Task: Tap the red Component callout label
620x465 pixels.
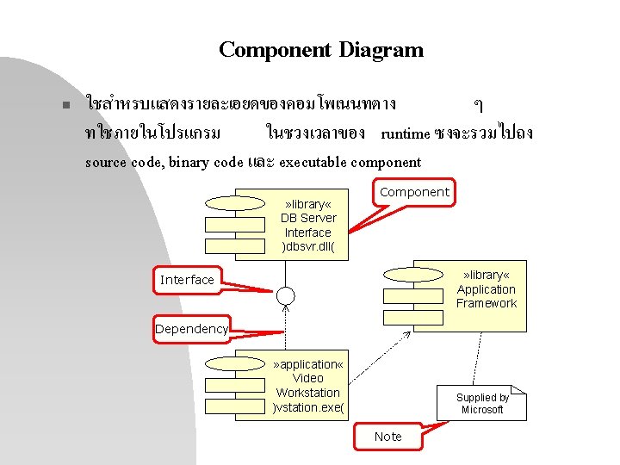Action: (x=414, y=192)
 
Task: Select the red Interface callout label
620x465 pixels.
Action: (x=187, y=280)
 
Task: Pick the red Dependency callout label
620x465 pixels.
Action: (x=191, y=329)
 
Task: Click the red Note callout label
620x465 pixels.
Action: (x=387, y=437)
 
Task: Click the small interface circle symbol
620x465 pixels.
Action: (x=286, y=295)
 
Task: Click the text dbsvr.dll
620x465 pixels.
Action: (x=307, y=247)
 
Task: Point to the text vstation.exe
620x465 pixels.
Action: (x=307, y=407)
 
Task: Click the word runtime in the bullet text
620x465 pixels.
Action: (x=406, y=133)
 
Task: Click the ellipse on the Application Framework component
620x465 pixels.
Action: (x=412, y=275)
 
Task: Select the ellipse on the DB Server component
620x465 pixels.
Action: (x=233, y=203)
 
